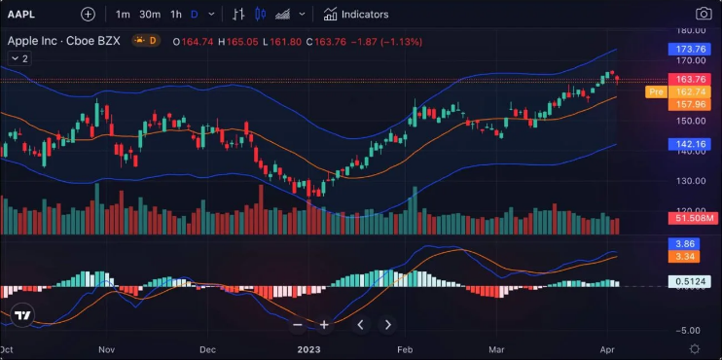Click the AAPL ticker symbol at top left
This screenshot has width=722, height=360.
point(22,14)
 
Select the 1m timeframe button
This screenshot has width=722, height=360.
point(123,14)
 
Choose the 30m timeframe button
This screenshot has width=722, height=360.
point(149,14)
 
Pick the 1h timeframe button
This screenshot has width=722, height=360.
point(175,14)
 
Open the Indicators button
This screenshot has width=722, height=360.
point(357,14)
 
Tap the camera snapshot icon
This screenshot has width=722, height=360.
point(703,14)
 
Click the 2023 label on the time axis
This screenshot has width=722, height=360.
point(307,347)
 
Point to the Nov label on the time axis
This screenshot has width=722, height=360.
point(107,347)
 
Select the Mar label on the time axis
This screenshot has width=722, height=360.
point(498,347)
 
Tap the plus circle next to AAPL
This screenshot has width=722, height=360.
point(89,14)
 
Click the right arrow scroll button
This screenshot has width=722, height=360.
point(387,325)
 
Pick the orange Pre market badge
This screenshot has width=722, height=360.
point(656,91)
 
